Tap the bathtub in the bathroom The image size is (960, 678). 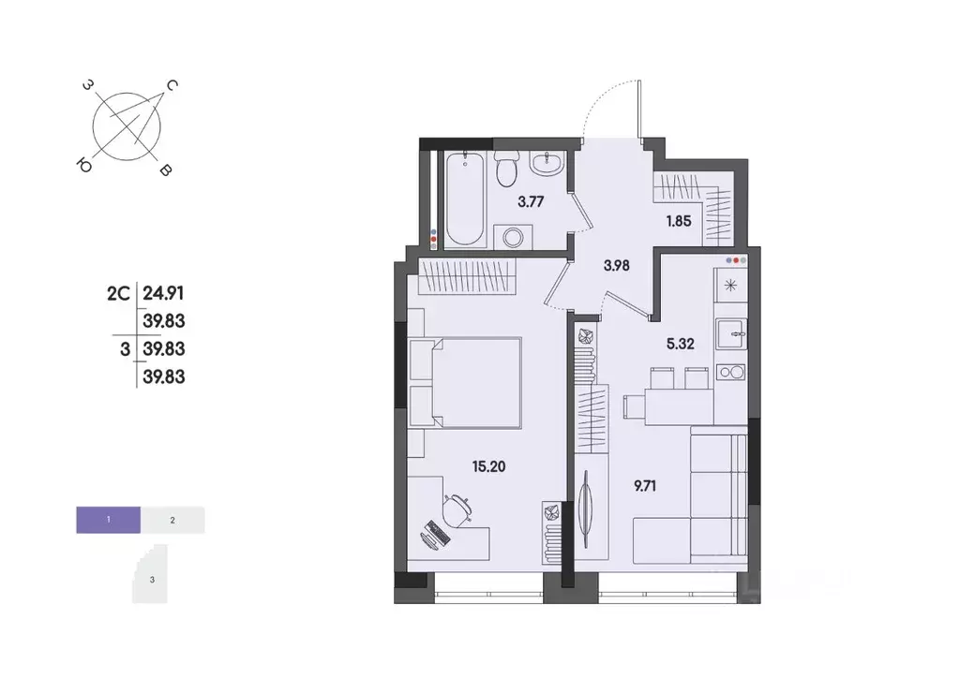464,199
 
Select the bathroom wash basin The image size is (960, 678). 547,165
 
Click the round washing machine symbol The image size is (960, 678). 513,237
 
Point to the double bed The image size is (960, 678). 473,382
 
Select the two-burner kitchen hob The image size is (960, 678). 730,373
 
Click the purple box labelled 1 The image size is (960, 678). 109,519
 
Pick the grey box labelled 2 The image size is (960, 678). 172,519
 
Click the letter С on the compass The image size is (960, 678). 172,86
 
